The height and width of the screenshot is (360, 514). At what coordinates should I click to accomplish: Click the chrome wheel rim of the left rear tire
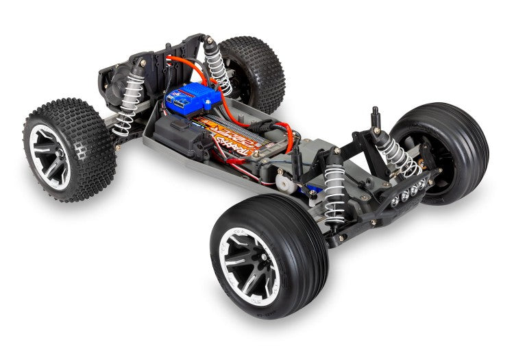tap(49, 155)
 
